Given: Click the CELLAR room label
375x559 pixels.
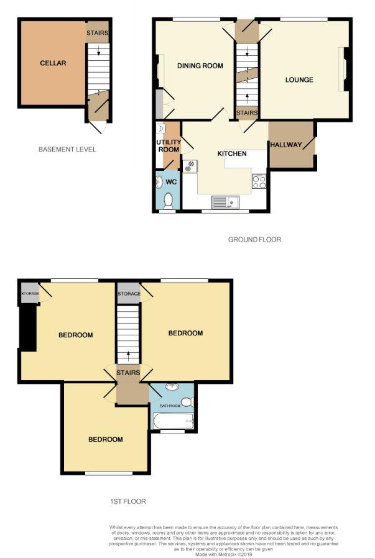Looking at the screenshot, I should pos(53,63).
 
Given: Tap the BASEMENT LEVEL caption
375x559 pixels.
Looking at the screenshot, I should pos(67,149).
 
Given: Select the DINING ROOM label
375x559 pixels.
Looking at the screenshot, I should pos(200,66).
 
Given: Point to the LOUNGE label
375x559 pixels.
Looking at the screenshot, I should pos(299,80).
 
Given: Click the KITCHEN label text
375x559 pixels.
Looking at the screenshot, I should pos(232,153).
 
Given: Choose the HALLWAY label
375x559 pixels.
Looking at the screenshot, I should pos(285,145).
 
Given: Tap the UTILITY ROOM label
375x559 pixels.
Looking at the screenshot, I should pos(168,146).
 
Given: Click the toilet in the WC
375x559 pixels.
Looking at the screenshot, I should pos(169,199).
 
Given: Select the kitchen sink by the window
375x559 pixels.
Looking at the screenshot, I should pos(225,202).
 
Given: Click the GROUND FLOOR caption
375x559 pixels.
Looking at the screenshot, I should pos(254,239).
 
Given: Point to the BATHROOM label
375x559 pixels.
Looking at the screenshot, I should pos(170,406).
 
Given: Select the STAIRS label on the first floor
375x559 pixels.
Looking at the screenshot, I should pos(128,373).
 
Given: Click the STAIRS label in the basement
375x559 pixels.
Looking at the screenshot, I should pos(98,33).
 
